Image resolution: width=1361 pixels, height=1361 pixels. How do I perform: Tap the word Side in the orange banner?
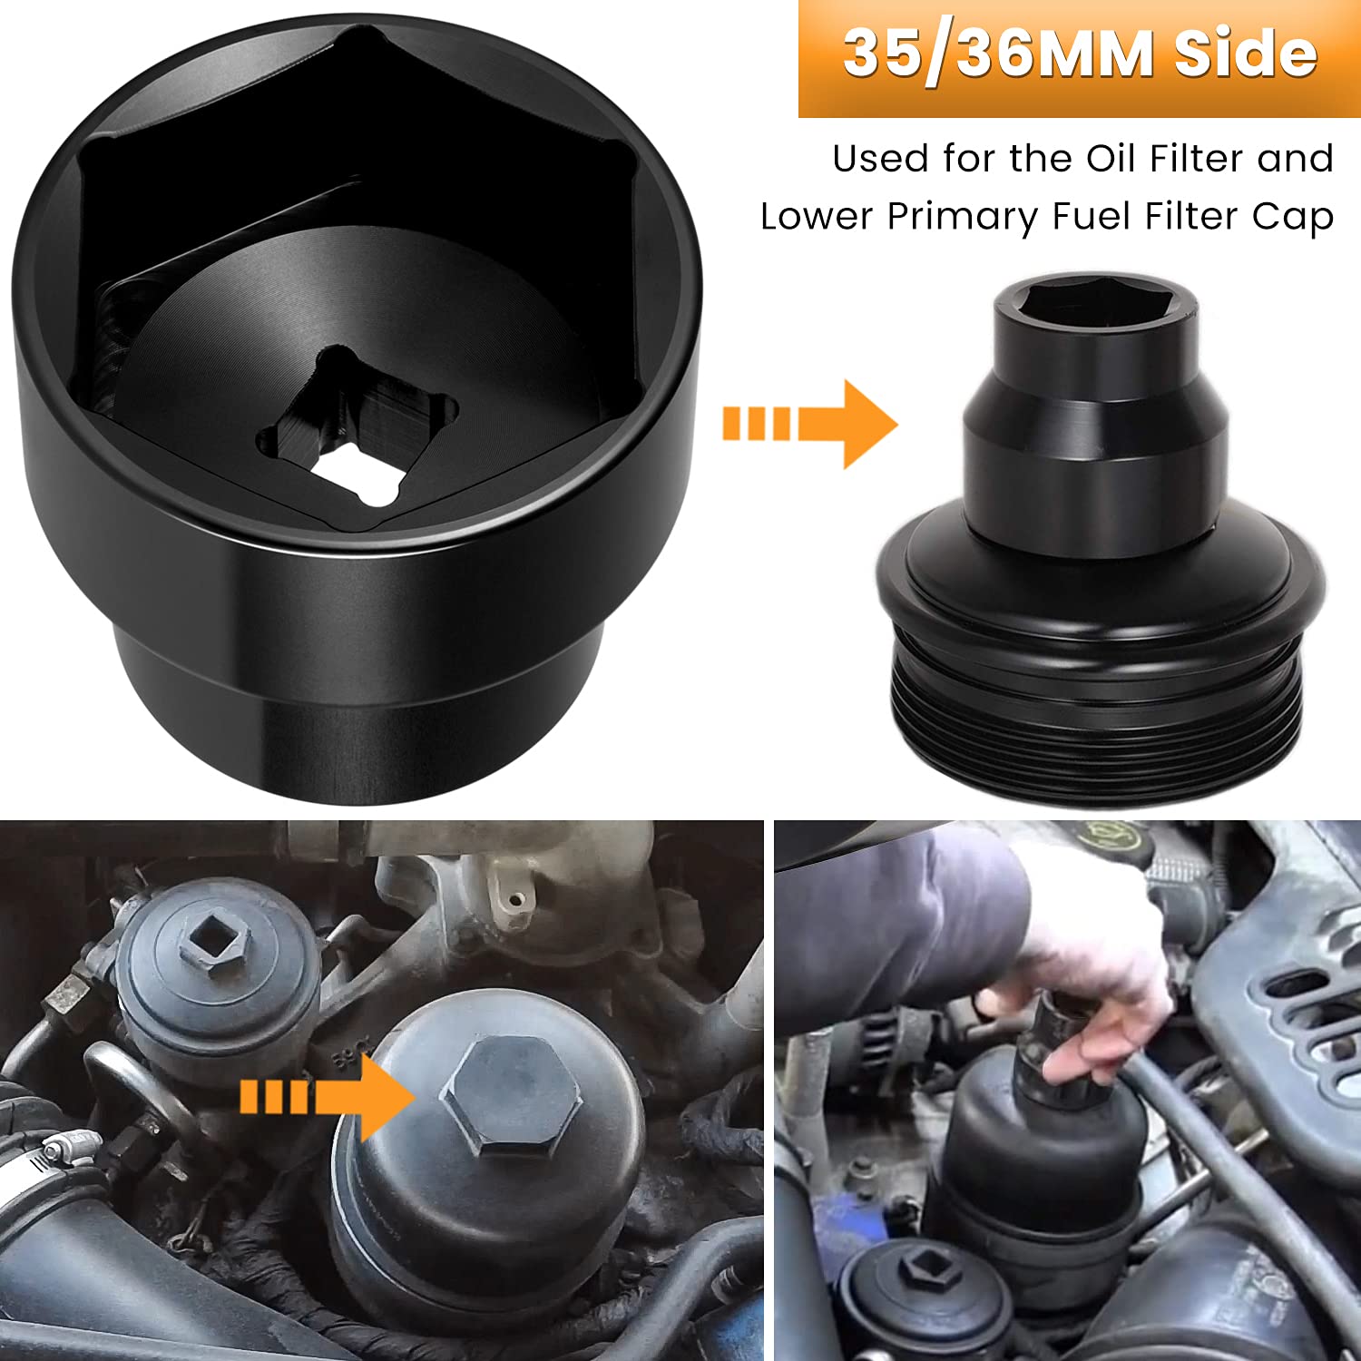[1245, 54]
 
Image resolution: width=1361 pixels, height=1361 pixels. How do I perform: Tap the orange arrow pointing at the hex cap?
[327, 1096]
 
